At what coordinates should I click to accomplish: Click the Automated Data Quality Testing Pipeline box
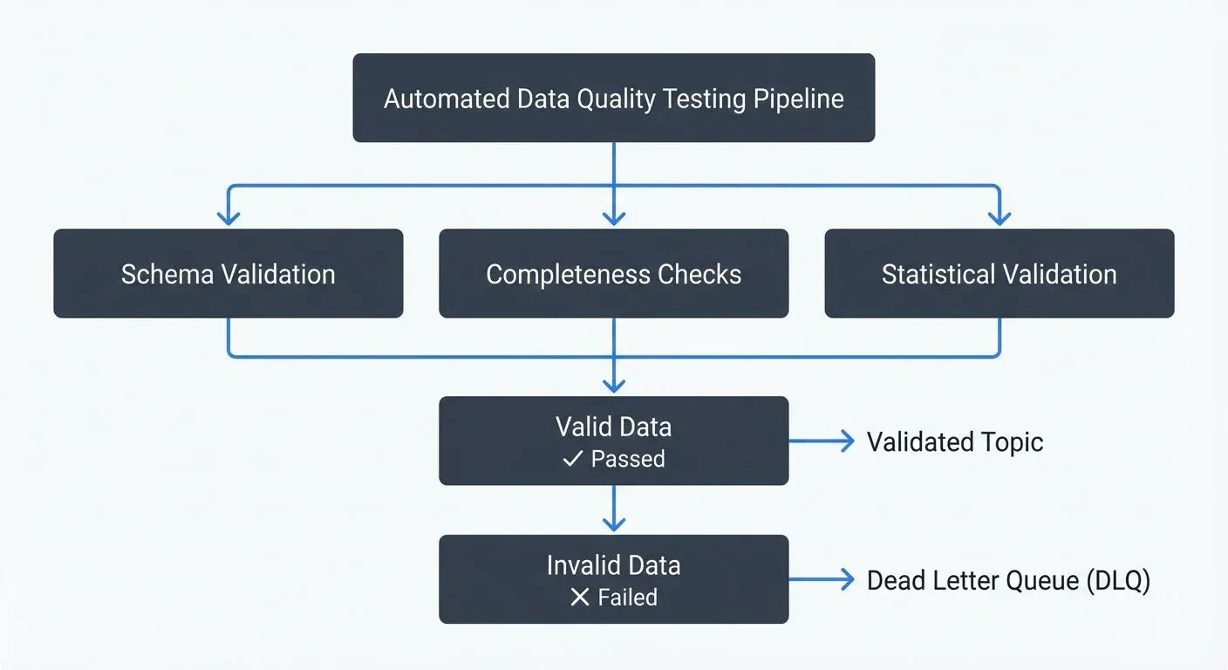pos(613,98)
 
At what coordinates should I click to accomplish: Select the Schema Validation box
pos(229,273)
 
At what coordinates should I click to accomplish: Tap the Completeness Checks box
pos(613,273)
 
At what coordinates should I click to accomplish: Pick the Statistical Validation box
pos(999,273)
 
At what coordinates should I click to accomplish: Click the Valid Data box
pos(613,441)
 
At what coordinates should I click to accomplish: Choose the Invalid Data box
pos(613,579)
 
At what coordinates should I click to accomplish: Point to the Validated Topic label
pos(955,441)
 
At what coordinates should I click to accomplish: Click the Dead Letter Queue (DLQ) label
pos(1008,580)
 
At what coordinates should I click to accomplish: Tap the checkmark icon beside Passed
pos(572,459)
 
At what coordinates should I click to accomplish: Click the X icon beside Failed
pos(579,598)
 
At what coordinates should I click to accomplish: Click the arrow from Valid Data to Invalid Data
pos(613,509)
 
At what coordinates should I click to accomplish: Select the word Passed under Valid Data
pos(628,459)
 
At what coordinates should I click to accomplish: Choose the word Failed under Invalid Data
pos(628,598)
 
